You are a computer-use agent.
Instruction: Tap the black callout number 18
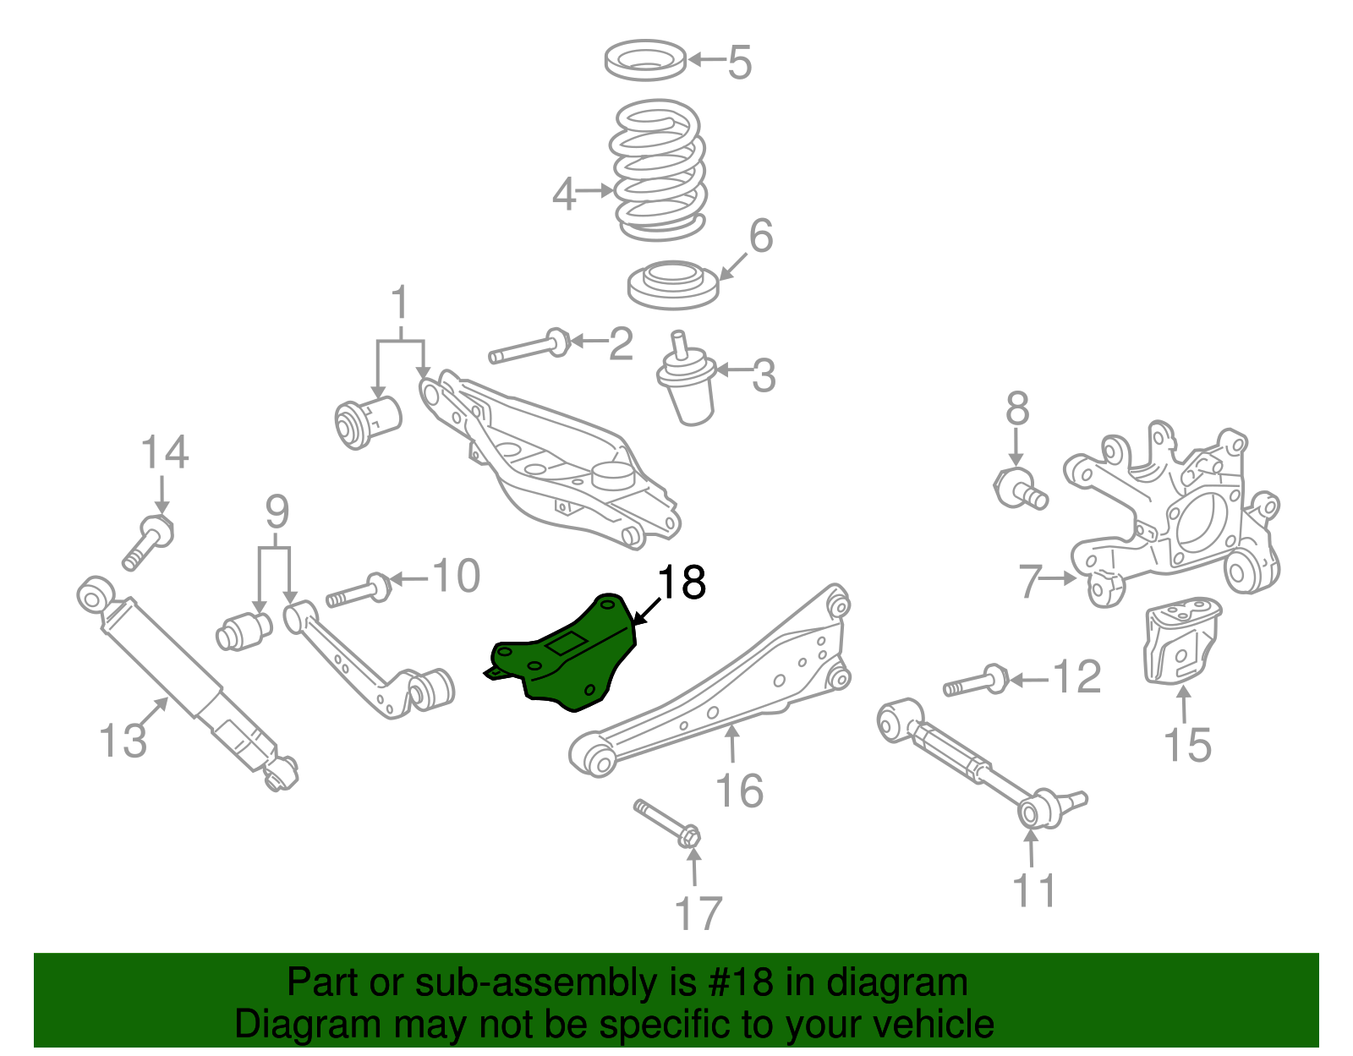pyautogui.click(x=681, y=583)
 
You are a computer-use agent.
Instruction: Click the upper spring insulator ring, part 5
pyautogui.click(x=646, y=61)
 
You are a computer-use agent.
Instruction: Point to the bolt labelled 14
pyautogui.click(x=149, y=541)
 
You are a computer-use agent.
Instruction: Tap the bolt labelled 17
pyautogui.click(x=668, y=823)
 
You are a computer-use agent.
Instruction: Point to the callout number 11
pyautogui.click(x=1034, y=891)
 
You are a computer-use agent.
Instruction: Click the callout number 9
pyautogui.click(x=277, y=512)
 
